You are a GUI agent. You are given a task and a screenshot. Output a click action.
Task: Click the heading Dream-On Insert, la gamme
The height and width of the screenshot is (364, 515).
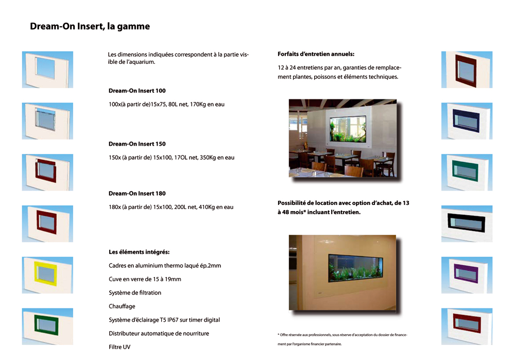coord(90,26)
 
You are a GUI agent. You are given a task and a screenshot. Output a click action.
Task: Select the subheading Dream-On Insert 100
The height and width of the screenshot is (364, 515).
coord(137,91)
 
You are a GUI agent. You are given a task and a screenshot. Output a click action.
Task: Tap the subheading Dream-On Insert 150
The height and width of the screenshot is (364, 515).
coord(137,144)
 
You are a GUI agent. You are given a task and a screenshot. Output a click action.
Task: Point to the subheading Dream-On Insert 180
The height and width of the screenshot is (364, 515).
coord(137,194)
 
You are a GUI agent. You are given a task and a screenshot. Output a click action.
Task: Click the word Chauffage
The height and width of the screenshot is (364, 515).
coord(122,306)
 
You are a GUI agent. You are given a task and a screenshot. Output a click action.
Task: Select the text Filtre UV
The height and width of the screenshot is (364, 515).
coord(119,347)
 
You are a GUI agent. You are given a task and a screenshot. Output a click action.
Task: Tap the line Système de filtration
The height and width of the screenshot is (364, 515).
coord(135,292)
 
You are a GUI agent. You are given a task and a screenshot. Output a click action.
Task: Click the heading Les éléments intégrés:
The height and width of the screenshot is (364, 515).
coord(139,252)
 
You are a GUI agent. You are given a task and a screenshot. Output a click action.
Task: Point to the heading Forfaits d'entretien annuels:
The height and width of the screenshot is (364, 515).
coord(316,54)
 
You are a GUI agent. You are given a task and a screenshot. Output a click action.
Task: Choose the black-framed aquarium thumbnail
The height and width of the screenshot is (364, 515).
coord(467,223)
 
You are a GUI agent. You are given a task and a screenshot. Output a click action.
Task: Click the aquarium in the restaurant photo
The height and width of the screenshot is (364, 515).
coord(348,128)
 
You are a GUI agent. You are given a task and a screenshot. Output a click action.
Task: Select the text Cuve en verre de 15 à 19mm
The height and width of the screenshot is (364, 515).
coord(145,279)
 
